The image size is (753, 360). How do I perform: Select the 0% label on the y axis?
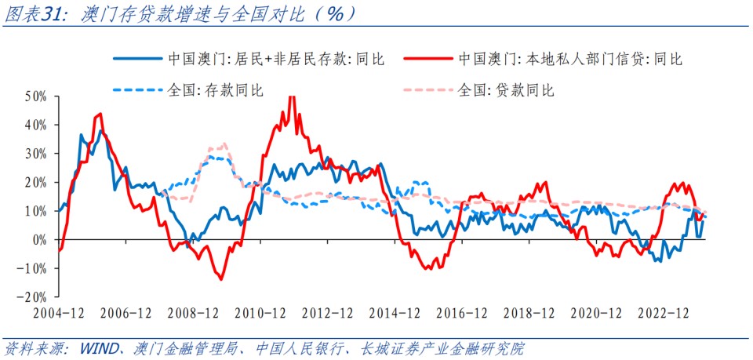tap(40, 239)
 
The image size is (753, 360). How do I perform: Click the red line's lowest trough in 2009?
tap(221, 278)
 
